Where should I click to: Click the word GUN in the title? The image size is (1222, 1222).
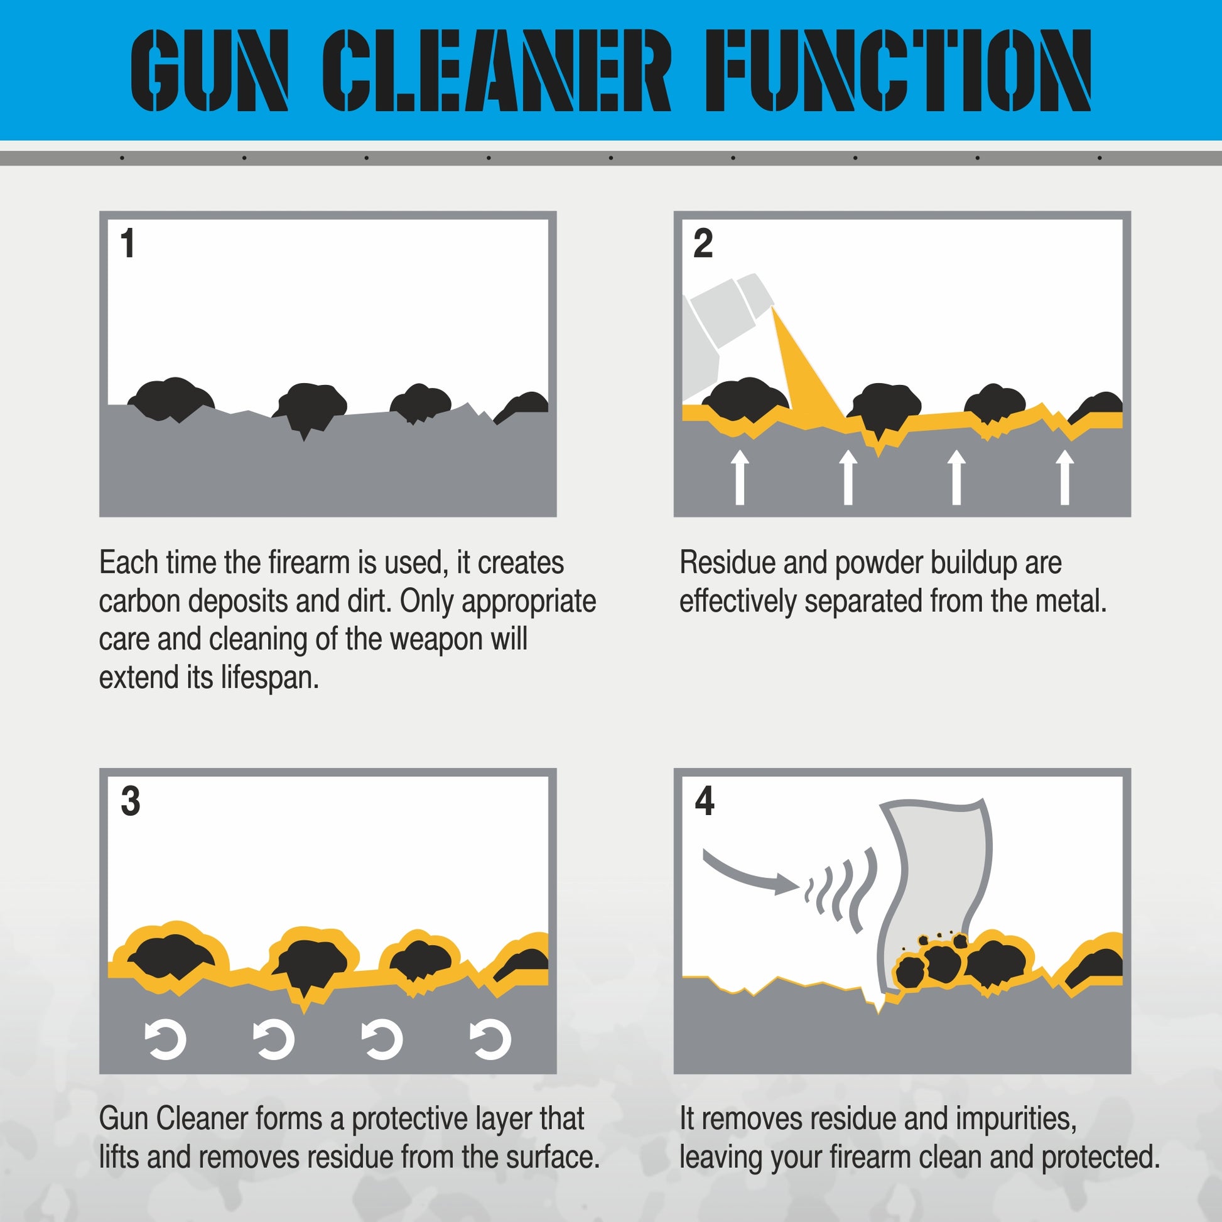click(x=209, y=71)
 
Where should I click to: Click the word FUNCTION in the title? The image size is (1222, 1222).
click(x=898, y=71)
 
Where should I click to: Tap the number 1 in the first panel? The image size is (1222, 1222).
click(x=127, y=244)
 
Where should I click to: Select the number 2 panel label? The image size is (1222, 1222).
click(x=703, y=244)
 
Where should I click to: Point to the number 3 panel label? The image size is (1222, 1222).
click(x=130, y=801)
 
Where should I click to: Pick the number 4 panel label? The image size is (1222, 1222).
click(x=704, y=801)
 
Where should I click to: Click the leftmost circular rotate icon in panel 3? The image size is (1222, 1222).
click(x=166, y=1039)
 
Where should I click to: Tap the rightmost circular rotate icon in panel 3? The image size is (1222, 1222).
click(x=490, y=1039)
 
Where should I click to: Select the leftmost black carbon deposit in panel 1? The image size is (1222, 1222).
click(x=171, y=399)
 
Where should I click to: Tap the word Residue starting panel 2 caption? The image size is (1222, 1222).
click(x=727, y=563)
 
